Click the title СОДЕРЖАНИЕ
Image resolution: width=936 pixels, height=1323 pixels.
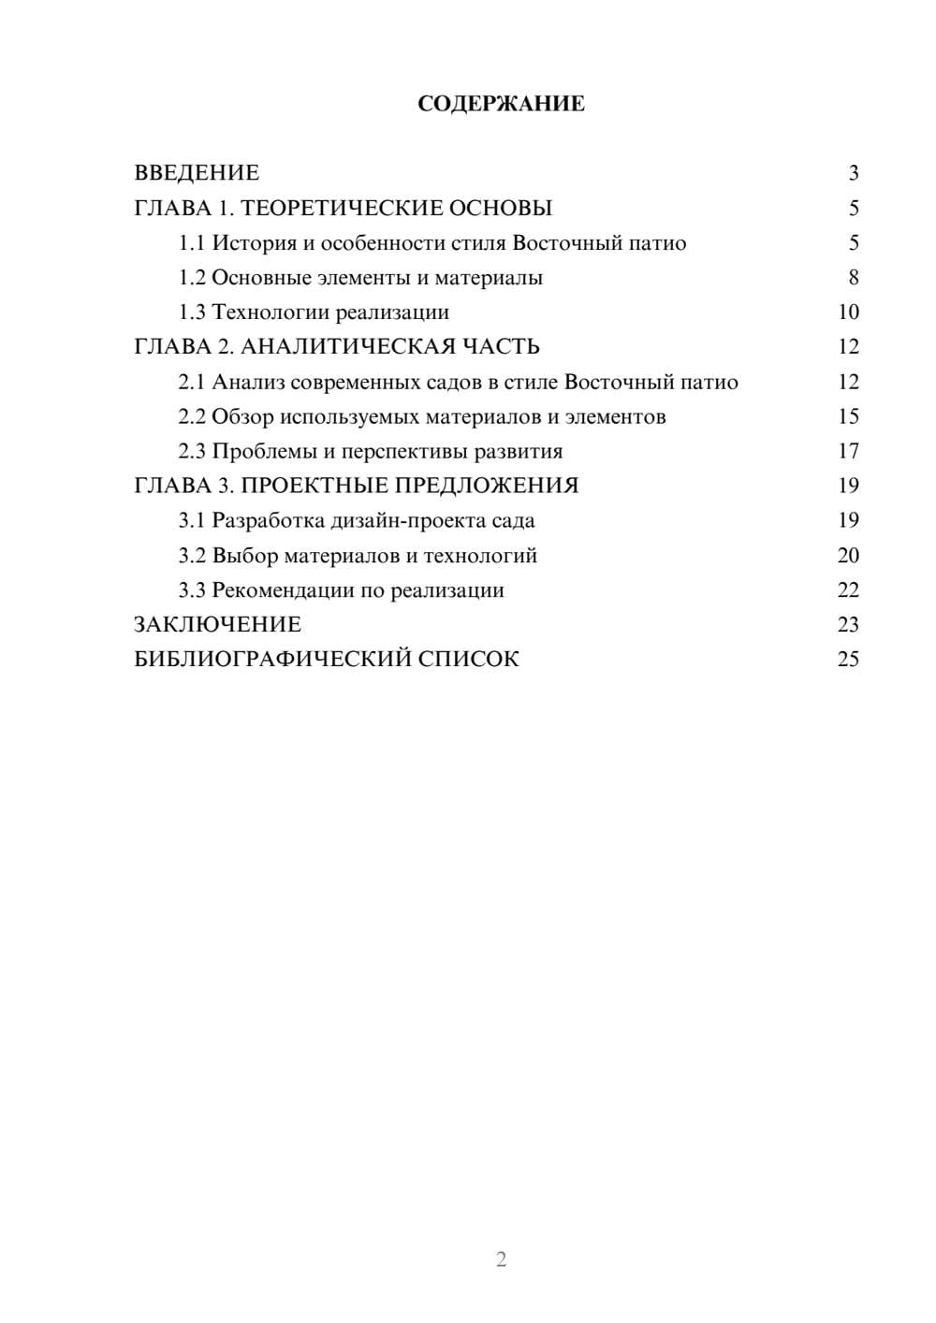pos(501,104)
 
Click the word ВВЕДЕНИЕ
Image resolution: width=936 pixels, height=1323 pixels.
pos(197,173)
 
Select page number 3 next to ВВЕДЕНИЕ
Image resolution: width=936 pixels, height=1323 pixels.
pos(853,173)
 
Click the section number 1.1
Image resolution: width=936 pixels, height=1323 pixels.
pos(191,243)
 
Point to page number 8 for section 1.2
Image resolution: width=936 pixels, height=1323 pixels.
pos(853,278)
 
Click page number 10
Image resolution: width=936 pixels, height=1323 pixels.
pos(848,313)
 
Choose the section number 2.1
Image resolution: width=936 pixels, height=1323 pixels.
pos(191,383)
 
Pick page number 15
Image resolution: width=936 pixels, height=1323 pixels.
pos(848,417)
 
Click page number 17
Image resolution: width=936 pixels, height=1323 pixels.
pos(848,452)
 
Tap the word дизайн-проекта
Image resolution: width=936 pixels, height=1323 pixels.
pos(408,521)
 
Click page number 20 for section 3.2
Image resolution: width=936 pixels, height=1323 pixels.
pos(848,556)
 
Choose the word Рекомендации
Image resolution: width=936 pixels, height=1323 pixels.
pos(280,590)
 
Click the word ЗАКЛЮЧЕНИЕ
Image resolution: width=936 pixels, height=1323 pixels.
pos(217,625)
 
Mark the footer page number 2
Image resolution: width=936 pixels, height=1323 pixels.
pos(501,1259)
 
